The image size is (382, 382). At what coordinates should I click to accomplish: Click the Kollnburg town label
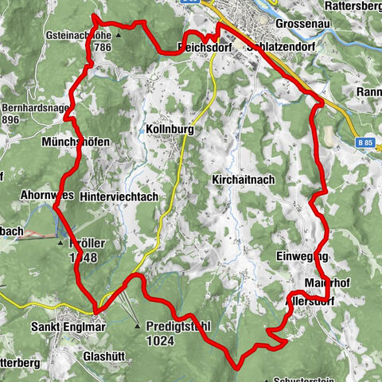(170, 128)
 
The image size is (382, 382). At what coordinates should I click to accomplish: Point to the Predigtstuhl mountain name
(179, 325)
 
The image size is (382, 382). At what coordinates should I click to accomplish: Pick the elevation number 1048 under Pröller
(82, 259)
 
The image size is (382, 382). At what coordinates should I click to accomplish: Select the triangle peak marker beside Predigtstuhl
(136, 325)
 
